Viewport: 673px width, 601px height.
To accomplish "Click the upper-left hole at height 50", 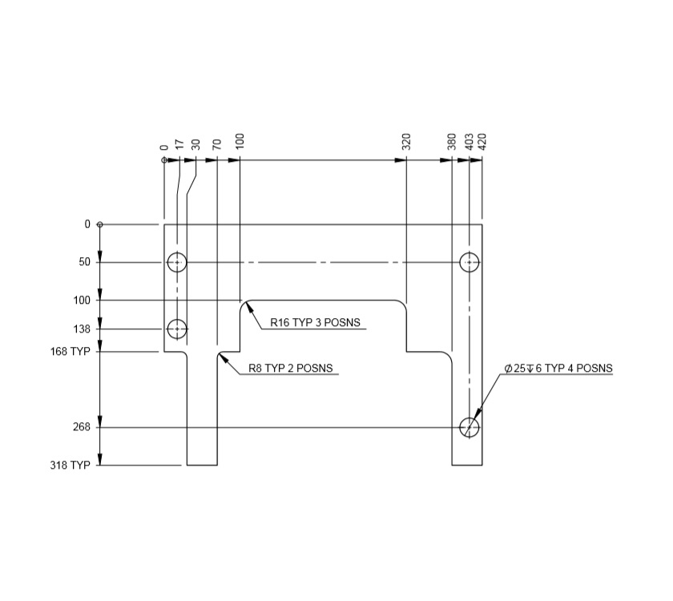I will tap(177, 262).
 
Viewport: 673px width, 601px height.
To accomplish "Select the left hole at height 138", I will tap(177, 329).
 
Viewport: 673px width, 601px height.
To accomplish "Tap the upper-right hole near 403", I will tap(469, 262).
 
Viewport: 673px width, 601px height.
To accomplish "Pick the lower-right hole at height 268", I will tap(469, 427).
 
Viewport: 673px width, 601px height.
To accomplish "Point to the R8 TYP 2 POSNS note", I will tap(289, 369).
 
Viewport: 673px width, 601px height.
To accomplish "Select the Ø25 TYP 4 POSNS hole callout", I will tap(558, 369).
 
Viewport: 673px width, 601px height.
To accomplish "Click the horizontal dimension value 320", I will tap(406, 143).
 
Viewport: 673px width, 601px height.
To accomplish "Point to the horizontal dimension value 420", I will tap(482, 143).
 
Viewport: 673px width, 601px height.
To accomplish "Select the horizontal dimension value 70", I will tap(216, 145).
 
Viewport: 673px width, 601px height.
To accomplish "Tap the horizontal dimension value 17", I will tap(179, 145).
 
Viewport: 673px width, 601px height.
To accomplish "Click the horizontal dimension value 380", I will tap(452, 143).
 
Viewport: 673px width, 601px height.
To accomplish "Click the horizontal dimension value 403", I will tap(469, 143).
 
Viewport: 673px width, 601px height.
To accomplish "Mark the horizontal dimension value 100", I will tap(240, 143).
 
